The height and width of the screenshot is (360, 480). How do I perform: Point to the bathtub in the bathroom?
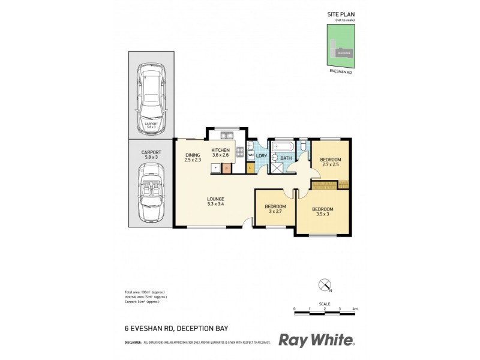pyautogui.click(x=283, y=146)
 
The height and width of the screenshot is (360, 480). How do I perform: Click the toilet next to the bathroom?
pyautogui.click(x=304, y=147)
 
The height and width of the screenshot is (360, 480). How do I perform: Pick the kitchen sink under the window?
pyautogui.click(x=226, y=135)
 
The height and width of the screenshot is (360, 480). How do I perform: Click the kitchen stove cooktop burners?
pyautogui.click(x=239, y=152)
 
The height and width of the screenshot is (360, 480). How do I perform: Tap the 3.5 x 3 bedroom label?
pyautogui.click(x=322, y=212)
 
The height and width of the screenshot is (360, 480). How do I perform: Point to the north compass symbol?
pyautogui.click(x=325, y=284)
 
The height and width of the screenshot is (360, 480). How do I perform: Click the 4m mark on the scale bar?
pyautogui.click(x=355, y=308)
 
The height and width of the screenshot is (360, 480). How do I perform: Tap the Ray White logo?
pyautogui.click(x=317, y=340)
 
